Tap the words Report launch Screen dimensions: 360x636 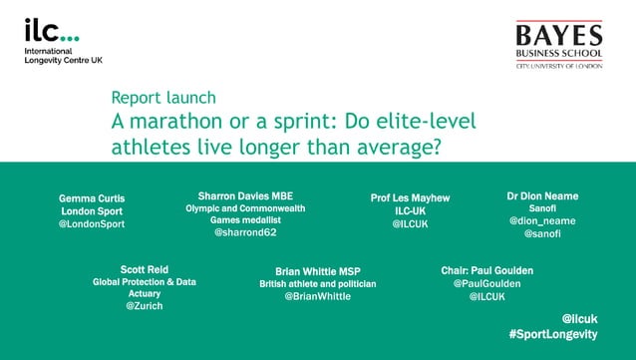pos(163,98)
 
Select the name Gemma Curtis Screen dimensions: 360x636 pos(92,198)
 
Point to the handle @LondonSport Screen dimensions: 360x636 pos(92,224)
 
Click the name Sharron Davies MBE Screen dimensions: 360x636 pos(245,194)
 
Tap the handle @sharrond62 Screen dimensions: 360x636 pos(245,232)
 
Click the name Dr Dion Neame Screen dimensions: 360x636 pos(542,195)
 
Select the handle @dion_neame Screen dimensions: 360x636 pos(542,219)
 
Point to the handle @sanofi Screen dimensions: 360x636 pos(542,233)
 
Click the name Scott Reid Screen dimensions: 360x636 pos(145,269)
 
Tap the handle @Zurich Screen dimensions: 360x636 pos(145,306)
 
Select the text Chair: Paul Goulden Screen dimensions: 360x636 pos(486,270)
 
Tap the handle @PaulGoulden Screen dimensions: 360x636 pos(486,284)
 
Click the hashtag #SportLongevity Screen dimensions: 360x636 pos(552,333)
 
